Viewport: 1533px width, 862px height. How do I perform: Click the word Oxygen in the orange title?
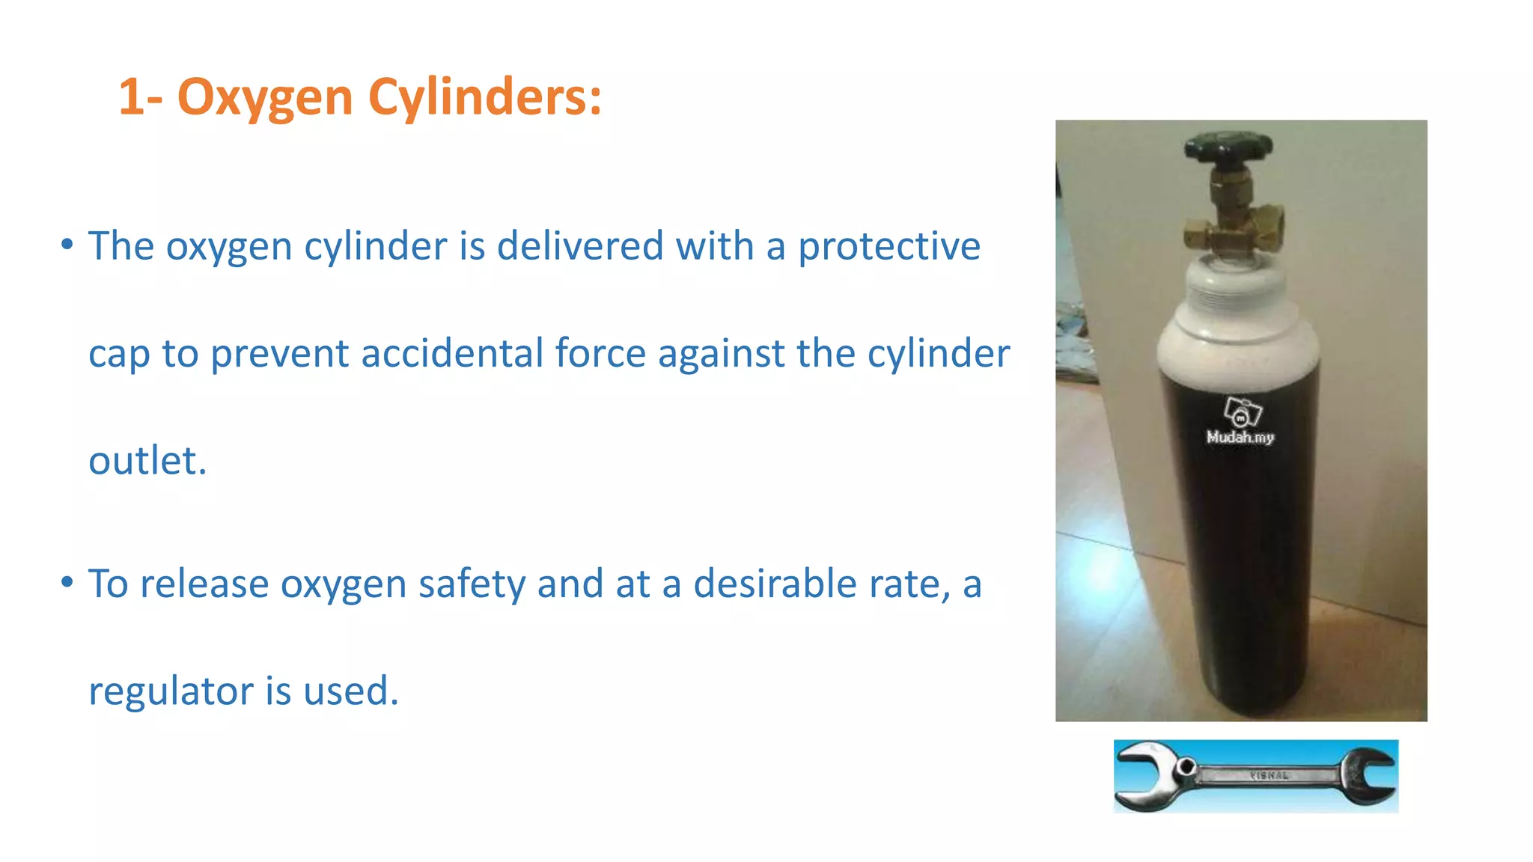264,97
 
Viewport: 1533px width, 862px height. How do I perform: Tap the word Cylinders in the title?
484,97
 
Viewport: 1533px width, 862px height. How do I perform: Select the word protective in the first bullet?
889,247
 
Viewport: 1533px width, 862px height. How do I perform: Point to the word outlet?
147,461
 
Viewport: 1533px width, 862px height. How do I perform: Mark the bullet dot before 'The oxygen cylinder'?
67,244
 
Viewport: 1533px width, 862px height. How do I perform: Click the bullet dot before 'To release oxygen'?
67,581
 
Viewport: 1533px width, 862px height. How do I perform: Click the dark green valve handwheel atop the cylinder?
1228,146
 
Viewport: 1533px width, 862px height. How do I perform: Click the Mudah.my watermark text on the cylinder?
1240,437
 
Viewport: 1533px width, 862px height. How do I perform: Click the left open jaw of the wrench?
1138,774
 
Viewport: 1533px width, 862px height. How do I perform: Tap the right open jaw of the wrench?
1374,776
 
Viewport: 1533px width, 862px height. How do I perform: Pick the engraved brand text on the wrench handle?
1270,775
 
